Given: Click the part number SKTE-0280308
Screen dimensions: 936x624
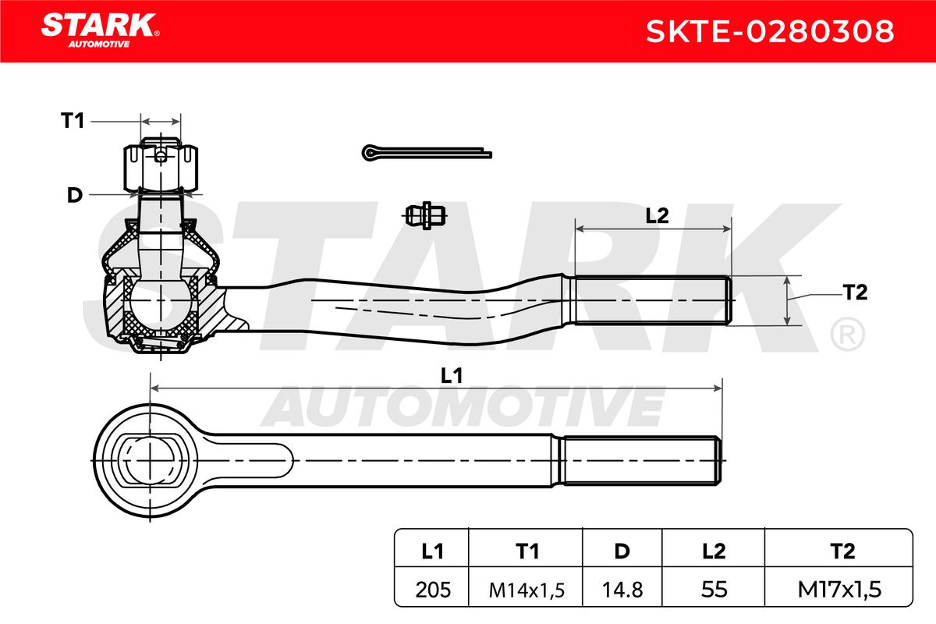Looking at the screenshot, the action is pyautogui.click(x=770, y=31).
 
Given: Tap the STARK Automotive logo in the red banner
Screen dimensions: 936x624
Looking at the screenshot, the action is pyautogui.click(x=100, y=30).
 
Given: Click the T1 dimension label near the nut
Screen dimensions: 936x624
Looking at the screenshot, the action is pyautogui.click(x=73, y=121).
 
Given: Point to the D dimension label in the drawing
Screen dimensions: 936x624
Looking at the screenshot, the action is pyautogui.click(x=75, y=195).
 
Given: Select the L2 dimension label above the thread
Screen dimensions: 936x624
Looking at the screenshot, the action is pyautogui.click(x=657, y=215).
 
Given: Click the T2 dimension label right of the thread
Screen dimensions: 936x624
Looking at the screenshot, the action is pyautogui.click(x=855, y=292).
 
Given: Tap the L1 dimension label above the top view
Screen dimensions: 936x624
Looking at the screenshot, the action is pyautogui.click(x=452, y=376).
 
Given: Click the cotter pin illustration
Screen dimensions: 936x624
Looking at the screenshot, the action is pyautogui.click(x=427, y=153).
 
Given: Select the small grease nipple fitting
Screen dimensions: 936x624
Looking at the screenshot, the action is pyautogui.click(x=425, y=215).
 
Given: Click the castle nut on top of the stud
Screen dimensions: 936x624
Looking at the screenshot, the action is pyautogui.click(x=161, y=166).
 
